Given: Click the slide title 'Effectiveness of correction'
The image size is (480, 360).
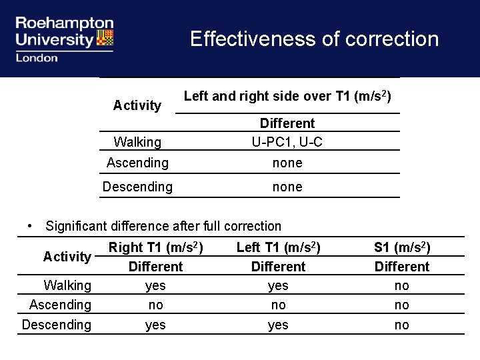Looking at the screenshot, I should (314, 39).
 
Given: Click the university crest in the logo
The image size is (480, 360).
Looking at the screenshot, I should (105, 37).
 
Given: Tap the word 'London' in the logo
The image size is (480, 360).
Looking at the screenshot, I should (37, 58).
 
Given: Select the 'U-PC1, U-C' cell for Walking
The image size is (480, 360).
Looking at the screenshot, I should (287, 142).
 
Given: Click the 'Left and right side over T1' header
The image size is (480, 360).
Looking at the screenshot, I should (287, 97).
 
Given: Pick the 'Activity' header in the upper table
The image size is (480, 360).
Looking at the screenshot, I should (137, 105).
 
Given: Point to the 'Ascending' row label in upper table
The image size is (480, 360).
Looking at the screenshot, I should (137, 163).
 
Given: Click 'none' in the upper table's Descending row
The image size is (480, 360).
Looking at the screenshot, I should (287, 187).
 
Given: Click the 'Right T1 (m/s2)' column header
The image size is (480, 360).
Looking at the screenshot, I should (155, 248).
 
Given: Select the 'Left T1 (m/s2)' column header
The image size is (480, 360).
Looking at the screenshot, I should (278, 248).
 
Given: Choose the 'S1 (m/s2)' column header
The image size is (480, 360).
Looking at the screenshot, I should (402, 248).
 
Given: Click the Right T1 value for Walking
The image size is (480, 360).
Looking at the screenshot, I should (155, 285).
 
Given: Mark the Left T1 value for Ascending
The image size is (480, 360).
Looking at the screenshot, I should (278, 305).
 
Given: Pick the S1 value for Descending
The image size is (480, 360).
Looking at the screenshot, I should (402, 325).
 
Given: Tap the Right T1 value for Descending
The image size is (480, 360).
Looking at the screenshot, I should (155, 325).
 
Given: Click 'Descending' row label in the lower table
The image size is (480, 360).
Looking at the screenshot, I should (57, 325).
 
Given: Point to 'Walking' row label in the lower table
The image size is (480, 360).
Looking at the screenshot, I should (67, 285).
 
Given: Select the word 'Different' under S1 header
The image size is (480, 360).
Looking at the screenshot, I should (402, 267).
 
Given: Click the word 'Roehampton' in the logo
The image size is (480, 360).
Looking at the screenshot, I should (65, 24).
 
